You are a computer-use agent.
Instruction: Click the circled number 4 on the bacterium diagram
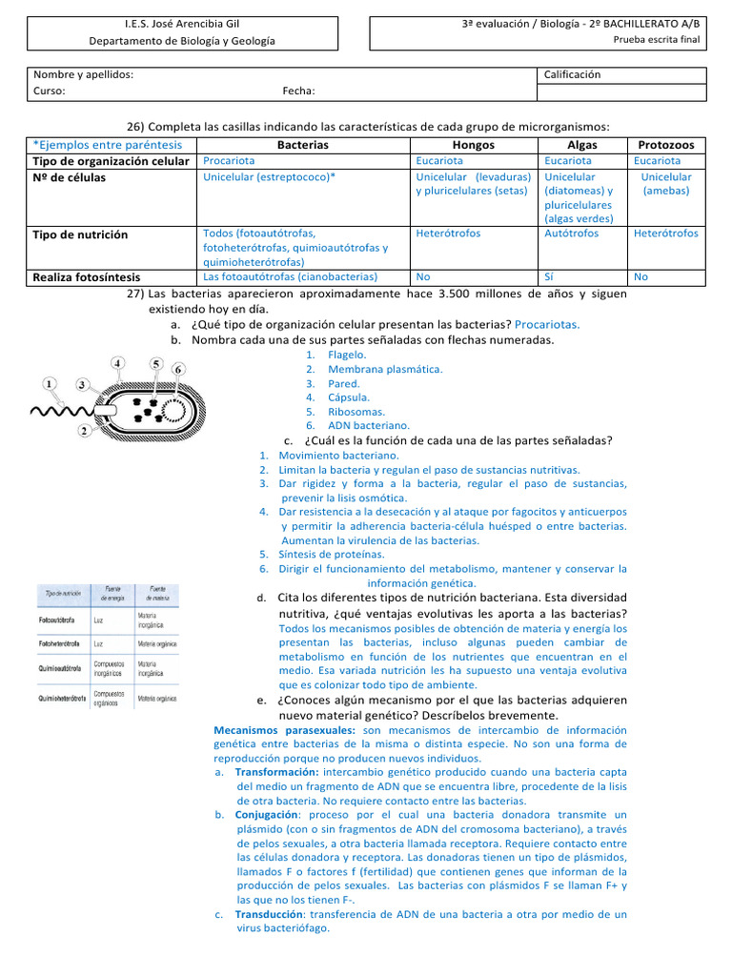tap(117, 363)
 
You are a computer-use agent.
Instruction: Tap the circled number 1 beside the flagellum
tap(48, 383)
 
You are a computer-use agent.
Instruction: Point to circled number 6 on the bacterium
tap(178, 369)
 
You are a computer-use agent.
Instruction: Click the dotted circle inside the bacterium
tap(176, 410)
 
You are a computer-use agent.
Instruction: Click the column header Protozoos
tap(665, 145)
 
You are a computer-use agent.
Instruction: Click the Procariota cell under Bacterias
tap(229, 161)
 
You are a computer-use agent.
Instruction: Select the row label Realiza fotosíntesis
tap(86, 277)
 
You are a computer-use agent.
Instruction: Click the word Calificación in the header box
tap(572, 74)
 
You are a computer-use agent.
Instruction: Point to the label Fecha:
tap(298, 91)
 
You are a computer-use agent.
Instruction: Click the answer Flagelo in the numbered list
tap(347, 355)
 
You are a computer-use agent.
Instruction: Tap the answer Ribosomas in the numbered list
tap(356, 412)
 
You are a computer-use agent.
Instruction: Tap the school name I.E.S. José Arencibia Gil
tap(181, 23)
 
